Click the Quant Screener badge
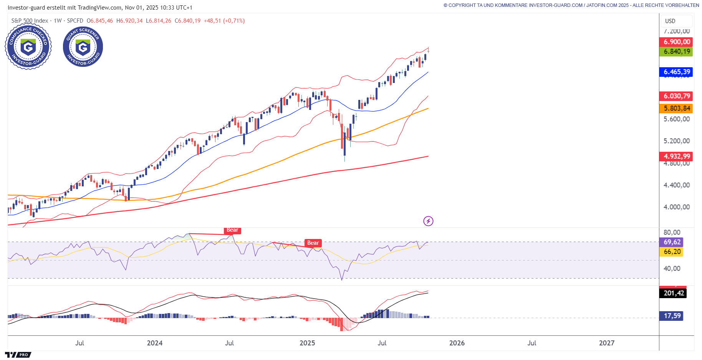83,47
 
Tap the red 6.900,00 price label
677,42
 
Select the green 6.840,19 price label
677,51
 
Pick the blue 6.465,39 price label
677,72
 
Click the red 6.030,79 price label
677,96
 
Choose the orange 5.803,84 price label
677,108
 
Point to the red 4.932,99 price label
677,156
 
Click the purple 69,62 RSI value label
672,242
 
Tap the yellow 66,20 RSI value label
672,252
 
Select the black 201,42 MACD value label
674,293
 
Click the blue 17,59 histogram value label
672,316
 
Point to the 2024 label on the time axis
154,343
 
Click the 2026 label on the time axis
457,343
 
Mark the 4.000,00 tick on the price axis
676,207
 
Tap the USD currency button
670,21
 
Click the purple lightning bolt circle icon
428,221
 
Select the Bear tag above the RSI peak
232,230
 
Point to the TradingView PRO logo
18,355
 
